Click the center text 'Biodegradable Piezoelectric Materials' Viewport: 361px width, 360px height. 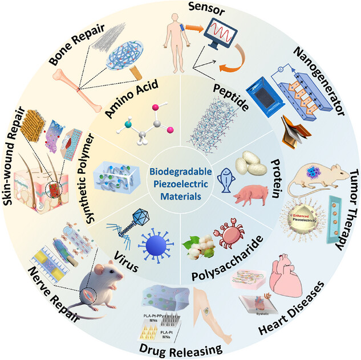(x=180, y=180)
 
